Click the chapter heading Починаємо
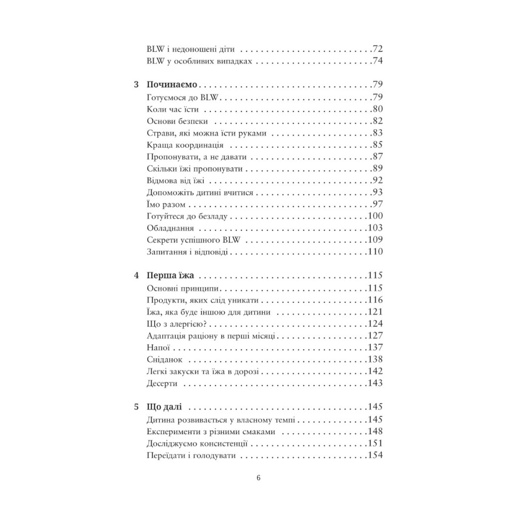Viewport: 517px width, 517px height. [173, 84]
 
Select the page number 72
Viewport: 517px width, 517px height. [377, 50]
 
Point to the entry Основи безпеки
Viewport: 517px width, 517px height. [177, 121]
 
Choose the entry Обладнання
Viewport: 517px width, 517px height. [170, 228]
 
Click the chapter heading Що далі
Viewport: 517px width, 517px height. [164, 406]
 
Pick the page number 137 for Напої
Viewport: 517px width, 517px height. [374, 347]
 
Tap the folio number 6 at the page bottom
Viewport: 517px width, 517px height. [258, 477]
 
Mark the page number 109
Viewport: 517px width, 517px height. [374, 240]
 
